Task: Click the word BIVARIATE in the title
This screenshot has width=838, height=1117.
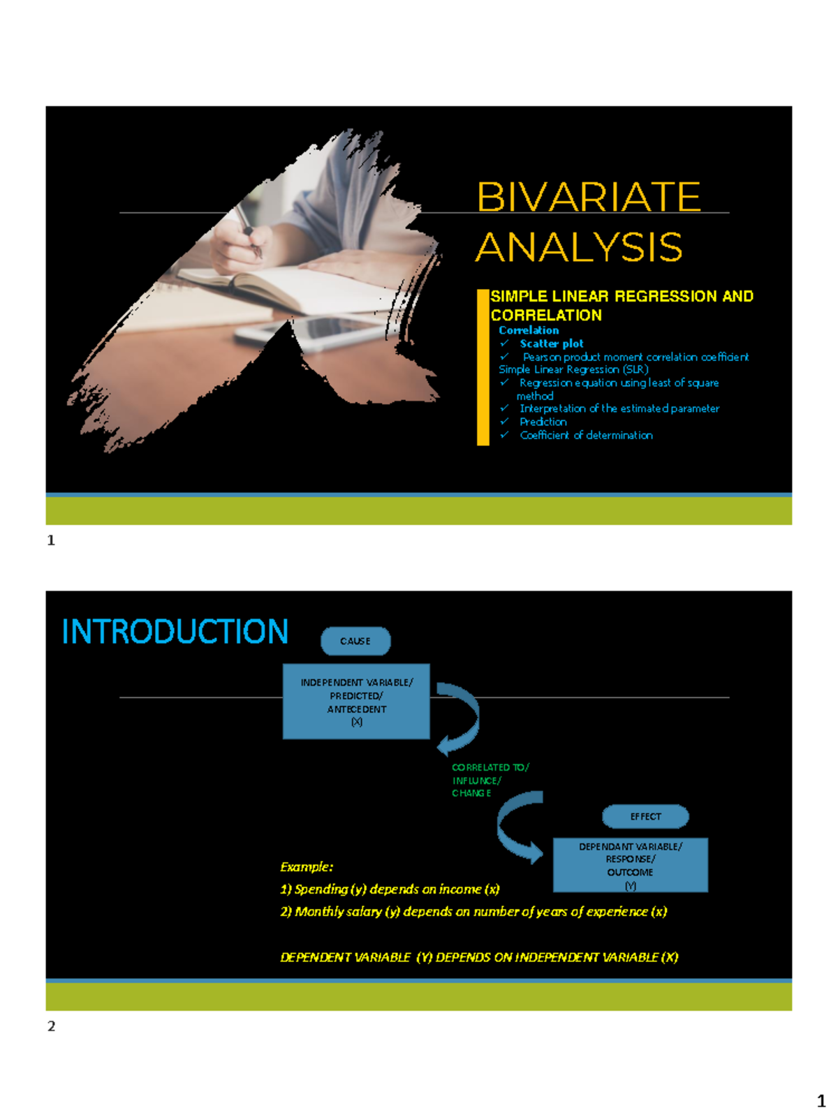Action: [588, 197]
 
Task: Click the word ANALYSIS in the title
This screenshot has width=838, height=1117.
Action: [579, 247]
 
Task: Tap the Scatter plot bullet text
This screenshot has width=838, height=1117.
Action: [551, 343]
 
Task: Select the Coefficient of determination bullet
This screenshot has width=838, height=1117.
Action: [586, 435]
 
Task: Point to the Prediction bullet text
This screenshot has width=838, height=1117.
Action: [543, 422]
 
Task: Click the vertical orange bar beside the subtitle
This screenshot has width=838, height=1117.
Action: [483, 367]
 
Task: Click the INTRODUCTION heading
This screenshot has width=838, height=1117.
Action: [175, 632]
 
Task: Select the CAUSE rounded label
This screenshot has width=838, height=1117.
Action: [355, 641]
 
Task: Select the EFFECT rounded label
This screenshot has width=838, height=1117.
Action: [645, 816]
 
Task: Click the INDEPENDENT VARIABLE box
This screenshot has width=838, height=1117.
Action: [356, 702]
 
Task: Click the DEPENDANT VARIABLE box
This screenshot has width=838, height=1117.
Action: [630, 866]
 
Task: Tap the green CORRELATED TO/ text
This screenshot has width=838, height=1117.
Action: [490, 767]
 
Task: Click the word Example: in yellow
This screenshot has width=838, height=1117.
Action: [307, 867]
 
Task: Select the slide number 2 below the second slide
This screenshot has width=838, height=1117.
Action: [51, 1026]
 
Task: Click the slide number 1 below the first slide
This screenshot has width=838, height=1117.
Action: [51, 540]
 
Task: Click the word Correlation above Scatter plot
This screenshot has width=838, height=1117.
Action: [529, 330]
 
